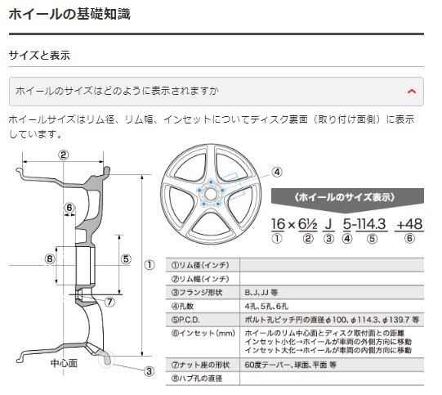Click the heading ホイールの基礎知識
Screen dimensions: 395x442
(69, 14)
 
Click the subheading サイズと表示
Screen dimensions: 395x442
(39, 56)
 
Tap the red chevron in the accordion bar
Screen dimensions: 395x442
(412, 91)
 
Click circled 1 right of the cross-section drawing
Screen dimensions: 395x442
(150, 264)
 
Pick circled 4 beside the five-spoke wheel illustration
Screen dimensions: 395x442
(277, 173)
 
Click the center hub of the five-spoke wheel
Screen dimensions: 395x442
(210, 194)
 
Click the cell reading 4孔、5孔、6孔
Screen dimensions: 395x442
(261, 306)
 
